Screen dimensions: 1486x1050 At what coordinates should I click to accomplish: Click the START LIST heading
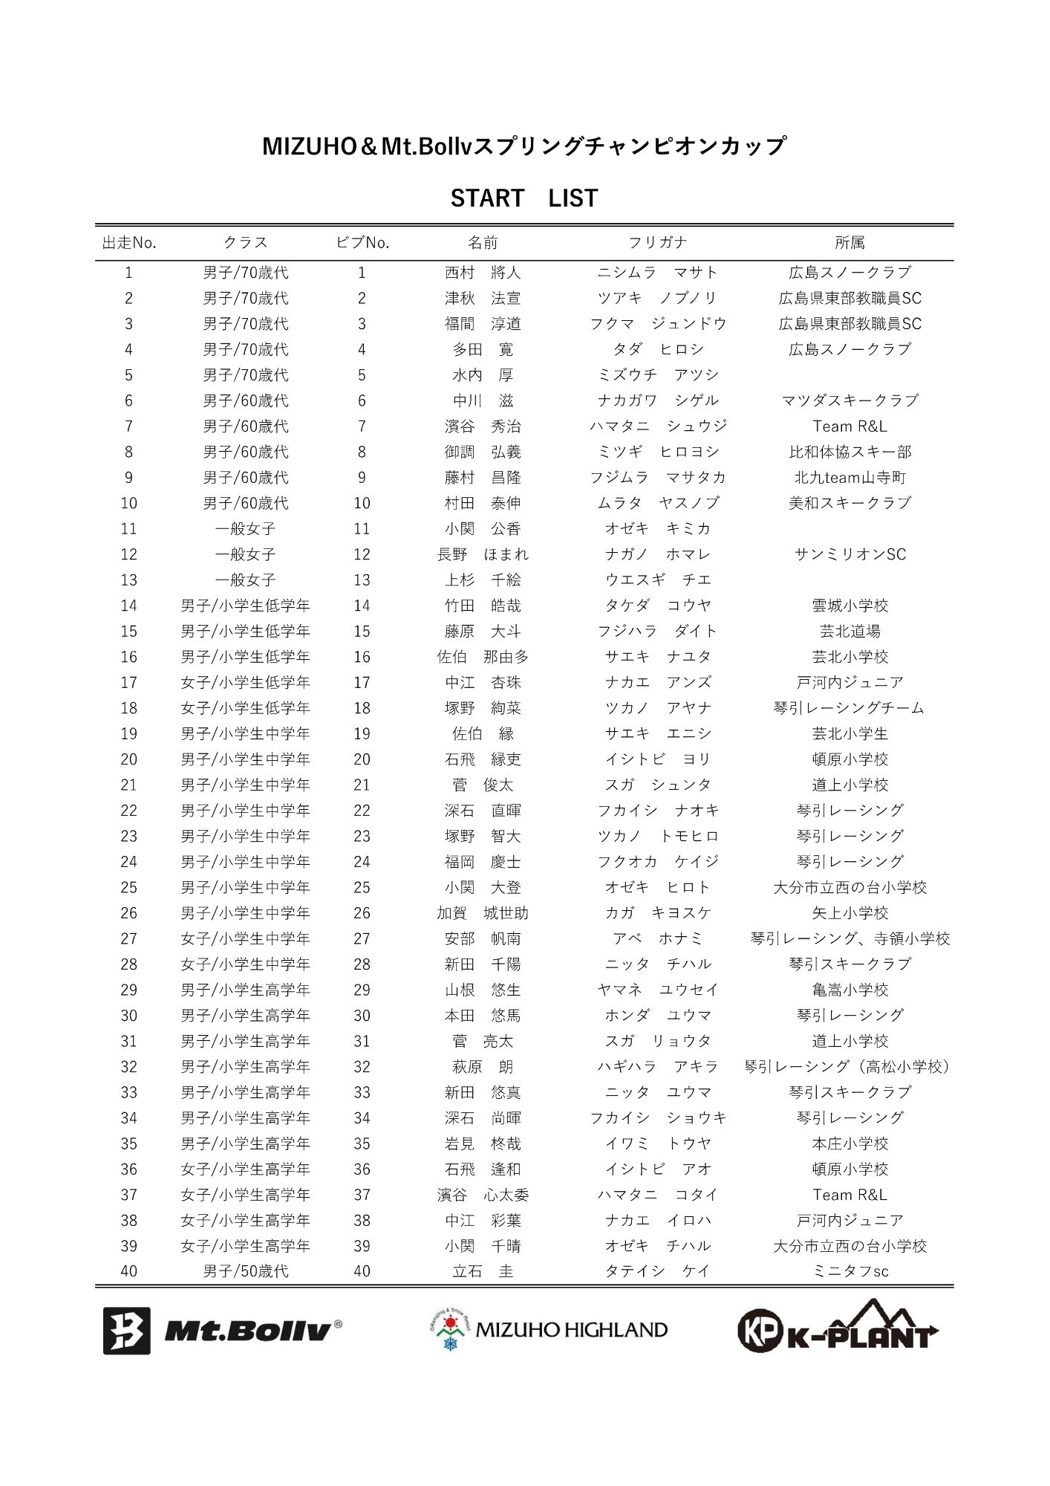(x=524, y=198)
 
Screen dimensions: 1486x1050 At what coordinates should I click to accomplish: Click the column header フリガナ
(x=657, y=243)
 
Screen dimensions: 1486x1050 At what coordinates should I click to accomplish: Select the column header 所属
(x=850, y=243)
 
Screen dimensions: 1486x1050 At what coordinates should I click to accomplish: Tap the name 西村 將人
(x=483, y=273)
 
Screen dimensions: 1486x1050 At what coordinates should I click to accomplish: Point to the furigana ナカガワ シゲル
(x=657, y=400)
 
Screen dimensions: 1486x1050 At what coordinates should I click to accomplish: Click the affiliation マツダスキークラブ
(x=850, y=400)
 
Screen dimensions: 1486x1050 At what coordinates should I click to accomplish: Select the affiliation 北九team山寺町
(x=850, y=478)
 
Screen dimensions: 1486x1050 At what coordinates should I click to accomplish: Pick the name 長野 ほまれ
(x=483, y=554)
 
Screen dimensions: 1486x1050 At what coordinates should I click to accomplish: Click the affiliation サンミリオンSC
(x=850, y=554)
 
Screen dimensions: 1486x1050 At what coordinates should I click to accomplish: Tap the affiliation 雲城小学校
(x=850, y=606)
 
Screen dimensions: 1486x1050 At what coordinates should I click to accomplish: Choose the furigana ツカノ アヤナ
(x=657, y=708)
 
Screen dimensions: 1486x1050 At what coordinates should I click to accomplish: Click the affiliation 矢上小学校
(x=850, y=913)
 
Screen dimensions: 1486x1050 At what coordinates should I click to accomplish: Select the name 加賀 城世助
(x=483, y=913)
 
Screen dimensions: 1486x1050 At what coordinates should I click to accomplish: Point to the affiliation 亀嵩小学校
(x=850, y=990)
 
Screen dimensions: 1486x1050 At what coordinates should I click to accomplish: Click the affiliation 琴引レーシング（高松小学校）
(x=850, y=1067)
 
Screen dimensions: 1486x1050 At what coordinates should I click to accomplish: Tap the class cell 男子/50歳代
(x=245, y=1271)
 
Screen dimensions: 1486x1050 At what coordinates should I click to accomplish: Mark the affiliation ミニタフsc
(x=850, y=1271)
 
